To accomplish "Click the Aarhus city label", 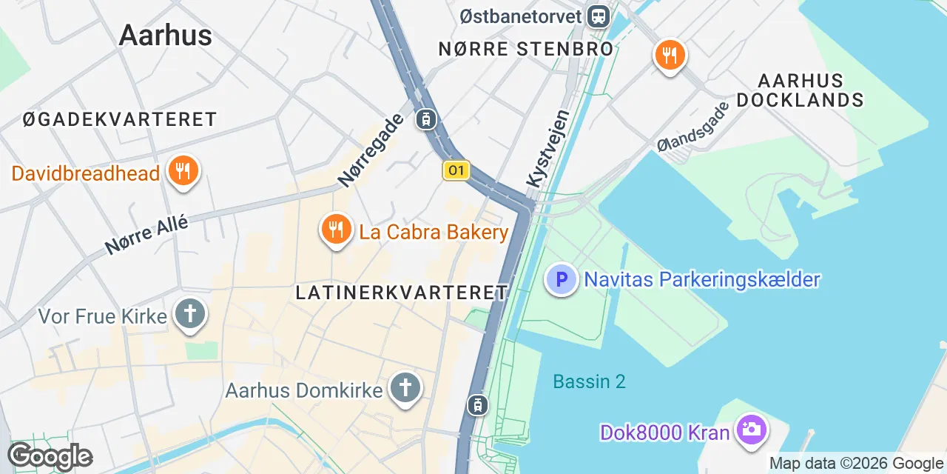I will (x=165, y=35).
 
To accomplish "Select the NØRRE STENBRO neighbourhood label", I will (x=526, y=50).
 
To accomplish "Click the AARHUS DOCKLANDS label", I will (x=801, y=90).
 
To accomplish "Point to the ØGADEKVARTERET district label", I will (x=120, y=119).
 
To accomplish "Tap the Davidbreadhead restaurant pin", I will (x=181, y=171).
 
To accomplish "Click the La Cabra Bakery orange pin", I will (x=336, y=230).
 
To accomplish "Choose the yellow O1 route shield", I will (x=456, y=171).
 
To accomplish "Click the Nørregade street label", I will (x=371, y=149).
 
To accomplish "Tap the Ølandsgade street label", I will (x=693, y=127).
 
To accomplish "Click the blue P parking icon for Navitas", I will (x=561, y=280).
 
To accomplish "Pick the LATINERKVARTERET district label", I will (x=402, y=293).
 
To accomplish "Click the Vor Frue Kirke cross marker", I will (x=190, y=314).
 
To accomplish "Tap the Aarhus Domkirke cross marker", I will (x=405, y=387).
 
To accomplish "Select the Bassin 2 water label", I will (x=589, y=381).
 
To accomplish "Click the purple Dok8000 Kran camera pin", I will (x=752, y=431).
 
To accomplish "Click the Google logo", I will (x=50, y=457).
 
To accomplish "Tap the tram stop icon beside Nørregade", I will (x=426, y=118).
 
